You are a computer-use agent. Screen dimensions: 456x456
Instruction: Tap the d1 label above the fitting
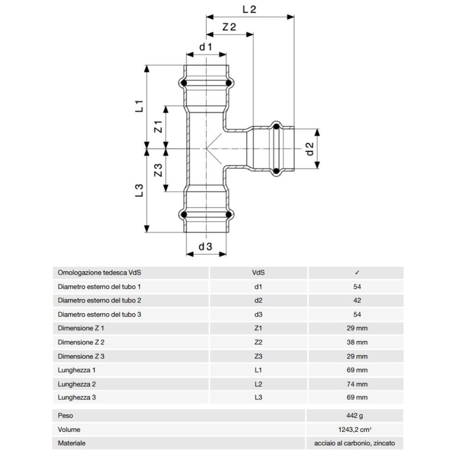point(206,47)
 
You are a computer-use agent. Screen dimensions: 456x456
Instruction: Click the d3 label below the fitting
point(205,246)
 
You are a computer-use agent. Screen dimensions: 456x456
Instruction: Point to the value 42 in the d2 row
point(357,300)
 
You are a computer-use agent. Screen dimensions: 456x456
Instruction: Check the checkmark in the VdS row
point(357,273)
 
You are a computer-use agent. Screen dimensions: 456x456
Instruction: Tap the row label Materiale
point(72,443)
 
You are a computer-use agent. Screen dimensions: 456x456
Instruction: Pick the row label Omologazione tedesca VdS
point(96,273)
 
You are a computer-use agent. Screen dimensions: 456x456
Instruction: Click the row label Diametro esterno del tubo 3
point(99,314)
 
